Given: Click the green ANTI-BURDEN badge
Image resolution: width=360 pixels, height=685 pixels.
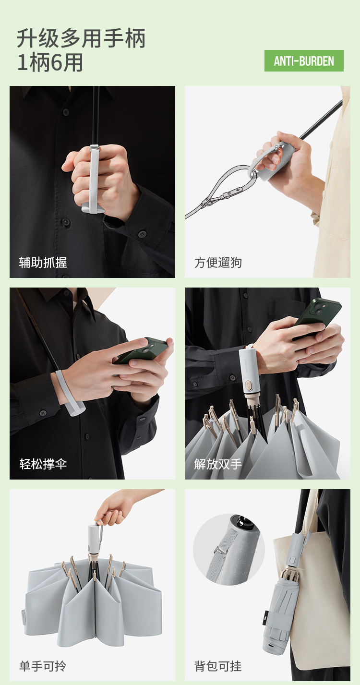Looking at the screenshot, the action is coord(304,60).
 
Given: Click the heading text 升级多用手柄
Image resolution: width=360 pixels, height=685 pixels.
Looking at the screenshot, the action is coord(81,38).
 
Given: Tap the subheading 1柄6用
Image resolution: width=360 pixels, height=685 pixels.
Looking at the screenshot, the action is coord(50,62).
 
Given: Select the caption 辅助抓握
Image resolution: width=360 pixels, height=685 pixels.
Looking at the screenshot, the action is coord(43,263).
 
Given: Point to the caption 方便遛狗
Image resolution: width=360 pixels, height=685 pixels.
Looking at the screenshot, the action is coord(218,263).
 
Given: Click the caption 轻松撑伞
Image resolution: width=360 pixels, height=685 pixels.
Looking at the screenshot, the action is coord(43,464).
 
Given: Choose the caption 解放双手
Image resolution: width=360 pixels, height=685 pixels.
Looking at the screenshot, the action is coord(218,464).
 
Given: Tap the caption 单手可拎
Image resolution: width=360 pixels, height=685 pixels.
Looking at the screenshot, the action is coord(43,666).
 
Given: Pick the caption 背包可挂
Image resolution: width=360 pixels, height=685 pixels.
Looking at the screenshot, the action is coord(218,666).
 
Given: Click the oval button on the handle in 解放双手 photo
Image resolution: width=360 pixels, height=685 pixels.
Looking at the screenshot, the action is coord(248,385).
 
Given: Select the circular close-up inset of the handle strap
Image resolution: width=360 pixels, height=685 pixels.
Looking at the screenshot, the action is coord(229,549).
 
